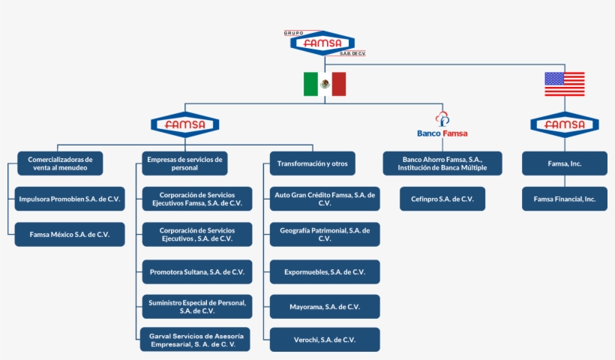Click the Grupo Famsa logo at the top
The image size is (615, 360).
coord(323,43)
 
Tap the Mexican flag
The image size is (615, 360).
coord(324,84)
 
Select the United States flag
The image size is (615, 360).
coord(564,84)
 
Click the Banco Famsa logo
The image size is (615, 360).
coord(442,126)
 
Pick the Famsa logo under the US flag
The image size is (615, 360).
coord(564,124)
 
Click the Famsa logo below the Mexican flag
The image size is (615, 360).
coord(184,124)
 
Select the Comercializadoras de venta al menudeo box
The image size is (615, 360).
coord(60,163)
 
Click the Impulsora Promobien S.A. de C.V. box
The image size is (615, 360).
coord(70,199)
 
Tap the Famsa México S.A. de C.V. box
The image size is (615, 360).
coord(70,234)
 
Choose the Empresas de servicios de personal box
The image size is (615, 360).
coord(184,163)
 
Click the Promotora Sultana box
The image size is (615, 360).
coord(196,271)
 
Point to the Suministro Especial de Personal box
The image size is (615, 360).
coord(196,306)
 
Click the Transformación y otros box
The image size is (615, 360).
coord(313,163)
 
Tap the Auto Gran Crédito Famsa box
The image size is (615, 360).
coord(325,199)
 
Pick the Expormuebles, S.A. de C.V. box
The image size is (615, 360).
coord(325,271)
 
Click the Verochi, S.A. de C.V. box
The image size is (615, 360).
coord(325,340)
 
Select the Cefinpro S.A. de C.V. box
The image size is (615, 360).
coord(442,199)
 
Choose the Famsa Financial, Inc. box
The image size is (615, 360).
coord(565,199)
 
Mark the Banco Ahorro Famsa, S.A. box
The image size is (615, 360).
coord(442,163)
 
